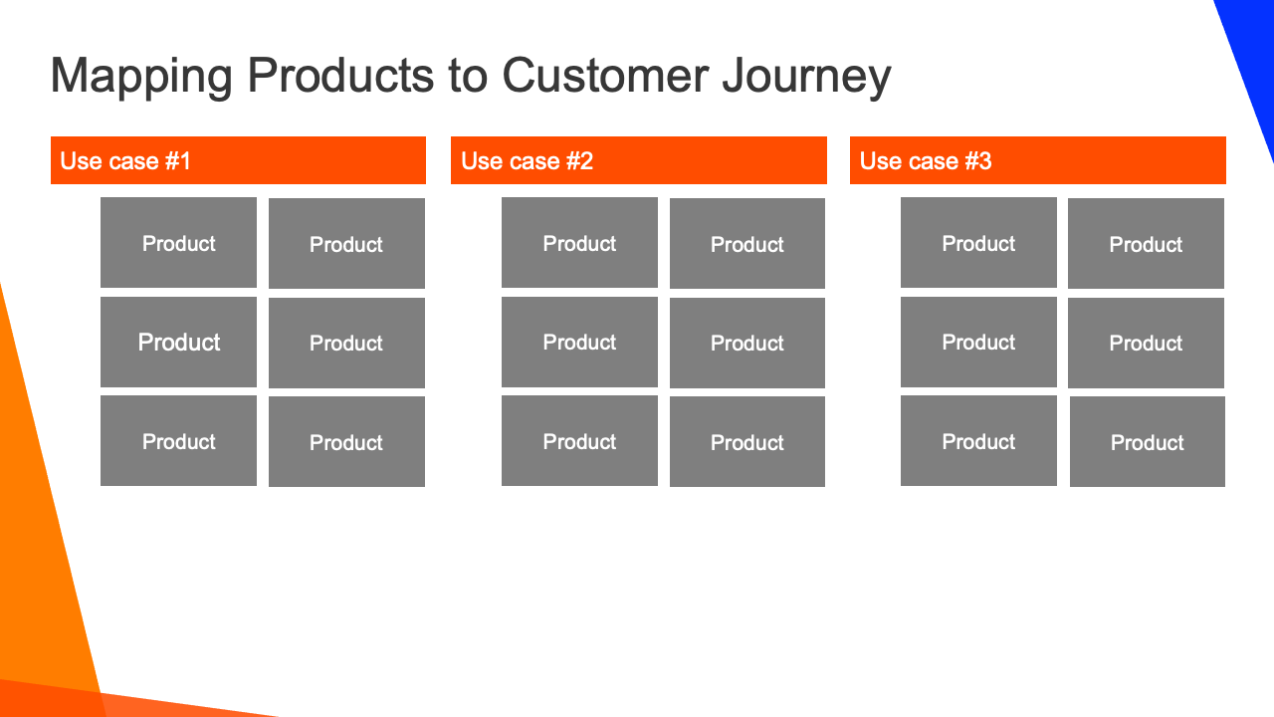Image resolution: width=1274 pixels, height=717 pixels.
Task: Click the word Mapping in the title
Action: pos(141,77)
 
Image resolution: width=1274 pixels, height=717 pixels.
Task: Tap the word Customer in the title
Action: pos(605,75)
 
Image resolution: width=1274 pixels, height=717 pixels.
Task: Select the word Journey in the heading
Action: pos(806,77)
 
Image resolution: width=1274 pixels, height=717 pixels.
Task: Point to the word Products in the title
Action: pos(340,75)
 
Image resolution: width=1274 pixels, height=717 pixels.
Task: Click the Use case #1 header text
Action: pos(125,161)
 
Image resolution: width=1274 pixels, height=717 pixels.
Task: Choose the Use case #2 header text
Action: pos(527,161)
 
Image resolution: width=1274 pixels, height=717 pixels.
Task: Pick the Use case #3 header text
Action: pos(926,161)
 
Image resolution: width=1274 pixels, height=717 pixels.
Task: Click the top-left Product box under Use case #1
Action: pos(178,242)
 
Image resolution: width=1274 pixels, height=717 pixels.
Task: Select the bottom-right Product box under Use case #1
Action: pos(346,441)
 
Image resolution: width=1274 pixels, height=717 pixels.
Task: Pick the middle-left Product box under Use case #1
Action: pos(178,342)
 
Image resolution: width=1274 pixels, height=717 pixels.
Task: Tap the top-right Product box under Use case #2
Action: pos(747,244)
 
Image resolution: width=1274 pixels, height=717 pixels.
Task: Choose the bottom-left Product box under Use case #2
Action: pos(579,441)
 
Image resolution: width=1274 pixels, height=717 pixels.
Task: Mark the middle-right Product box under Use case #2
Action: pos(747,344)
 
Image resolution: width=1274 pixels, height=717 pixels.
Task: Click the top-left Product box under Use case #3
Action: pos(978,242)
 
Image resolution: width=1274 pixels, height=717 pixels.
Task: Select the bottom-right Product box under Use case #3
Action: pos(1148,441)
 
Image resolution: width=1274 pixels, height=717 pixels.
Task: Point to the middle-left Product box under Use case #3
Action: pos(978,342)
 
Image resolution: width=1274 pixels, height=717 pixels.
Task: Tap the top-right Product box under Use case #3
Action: pos(1146,244)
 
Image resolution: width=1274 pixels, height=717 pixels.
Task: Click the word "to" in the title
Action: pos(468,76)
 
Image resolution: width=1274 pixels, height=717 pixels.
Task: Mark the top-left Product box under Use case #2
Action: pos(579,242)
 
